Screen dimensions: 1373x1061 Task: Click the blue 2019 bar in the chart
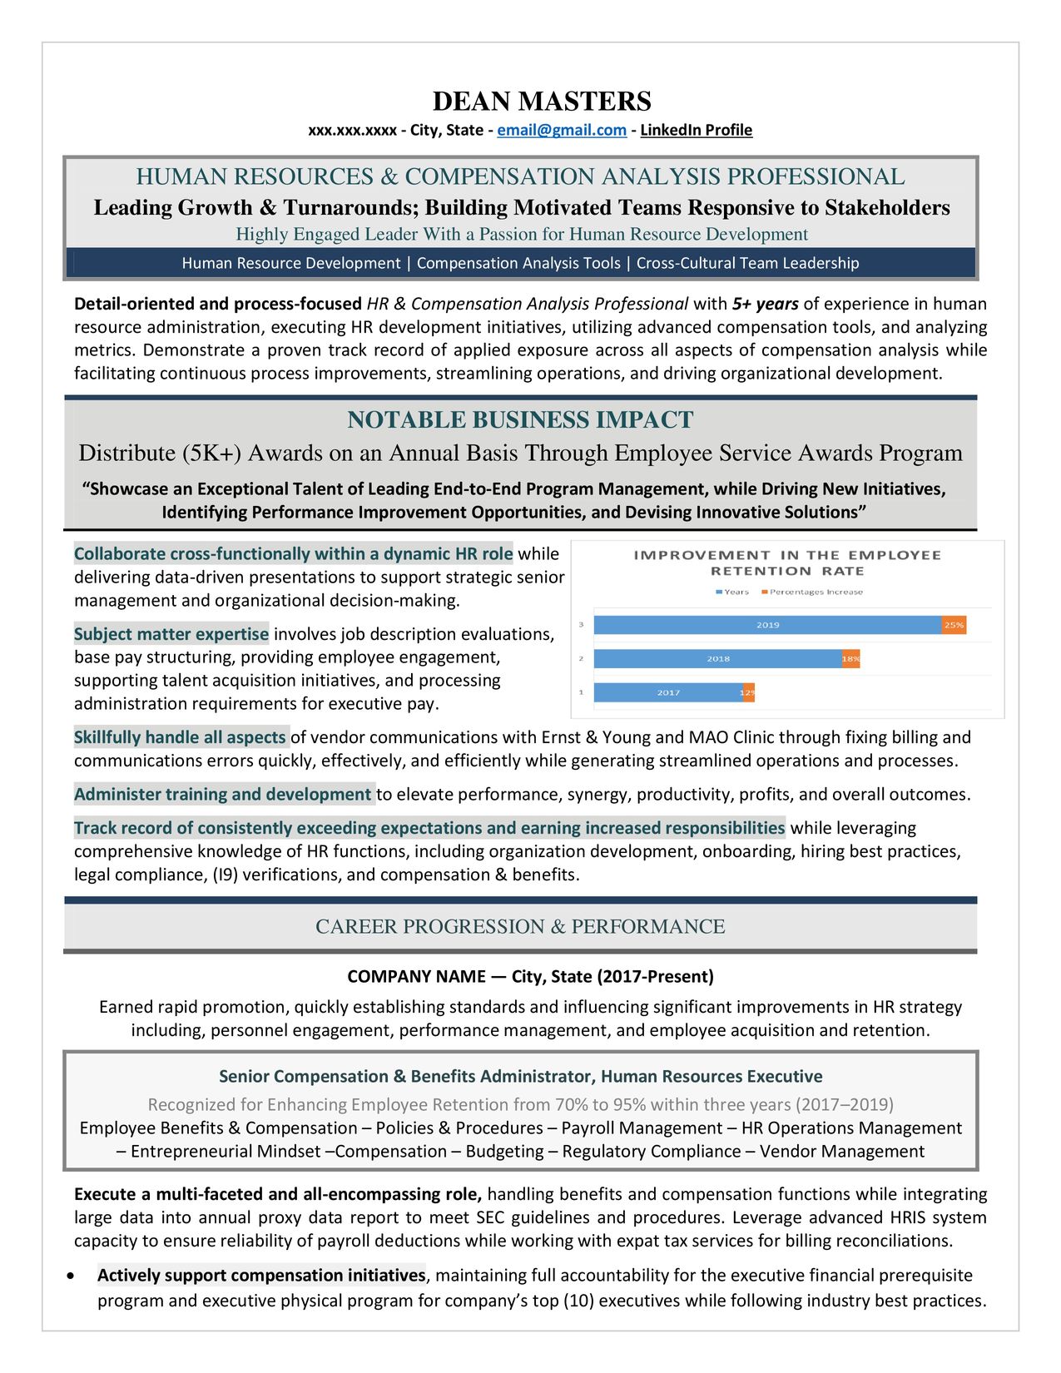coord(766,625)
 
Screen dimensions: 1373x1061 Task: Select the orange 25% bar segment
coord(954,625)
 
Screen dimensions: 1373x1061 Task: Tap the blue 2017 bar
coord(667,692)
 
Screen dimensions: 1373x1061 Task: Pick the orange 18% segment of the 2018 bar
coord(850,659)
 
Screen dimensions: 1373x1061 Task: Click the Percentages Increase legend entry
coord(815,592)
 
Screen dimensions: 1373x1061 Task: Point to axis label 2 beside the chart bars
coord(581,659)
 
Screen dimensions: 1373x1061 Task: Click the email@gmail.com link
coord(562,130)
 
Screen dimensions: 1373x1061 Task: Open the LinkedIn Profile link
coord(696,130)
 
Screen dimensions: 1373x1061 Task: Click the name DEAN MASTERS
coord(542,102)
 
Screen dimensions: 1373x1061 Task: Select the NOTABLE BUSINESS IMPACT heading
coord(520,419)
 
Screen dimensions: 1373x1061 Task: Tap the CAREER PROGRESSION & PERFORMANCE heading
coord(520,926)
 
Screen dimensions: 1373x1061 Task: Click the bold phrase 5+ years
coord(765,304)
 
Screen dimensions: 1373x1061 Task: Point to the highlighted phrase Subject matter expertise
coord(171,634)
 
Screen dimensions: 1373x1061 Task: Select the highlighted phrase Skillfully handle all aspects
coord(180,737)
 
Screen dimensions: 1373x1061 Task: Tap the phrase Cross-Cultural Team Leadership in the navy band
coord(747,263)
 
